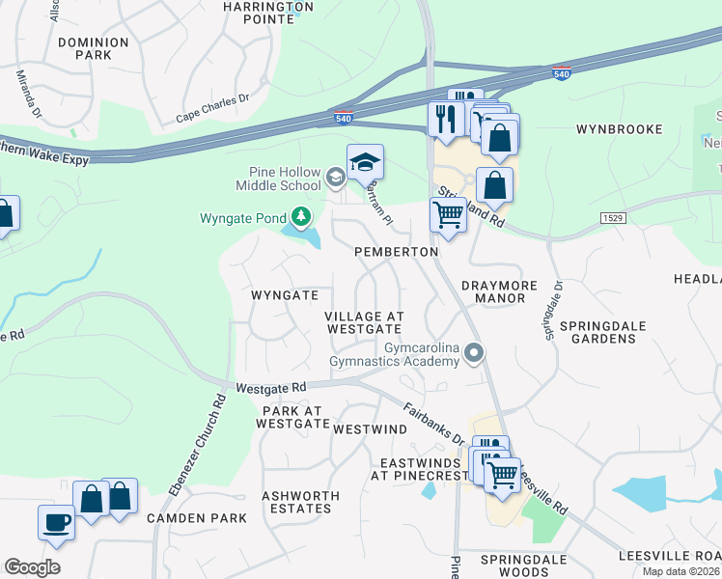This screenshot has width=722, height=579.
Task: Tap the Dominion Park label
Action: pos(93,49)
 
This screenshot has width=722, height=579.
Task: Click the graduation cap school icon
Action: pos(366,162)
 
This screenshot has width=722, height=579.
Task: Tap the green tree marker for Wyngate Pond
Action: pos(303,215)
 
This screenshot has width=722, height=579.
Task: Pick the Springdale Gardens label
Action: pos(608,332)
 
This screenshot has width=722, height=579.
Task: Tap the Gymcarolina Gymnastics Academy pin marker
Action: pos(473,353)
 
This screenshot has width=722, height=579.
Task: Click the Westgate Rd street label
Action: pos(271,387)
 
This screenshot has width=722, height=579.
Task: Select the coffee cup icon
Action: pos(56,522)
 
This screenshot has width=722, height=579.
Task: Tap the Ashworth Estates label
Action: pos(301,502)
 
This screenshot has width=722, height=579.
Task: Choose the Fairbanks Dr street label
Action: pos(434,424)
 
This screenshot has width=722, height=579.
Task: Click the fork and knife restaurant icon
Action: pos(445,119)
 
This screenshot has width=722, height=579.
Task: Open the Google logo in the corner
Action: pos(32,567)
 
